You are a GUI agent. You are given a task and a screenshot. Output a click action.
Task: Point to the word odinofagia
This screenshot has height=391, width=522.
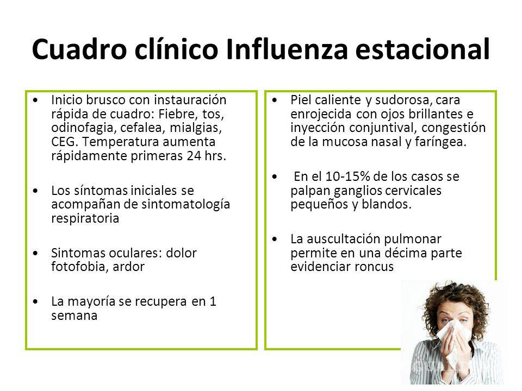(x=77, y=128)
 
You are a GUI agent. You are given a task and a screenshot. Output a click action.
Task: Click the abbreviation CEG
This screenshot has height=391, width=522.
(x=62, y=141)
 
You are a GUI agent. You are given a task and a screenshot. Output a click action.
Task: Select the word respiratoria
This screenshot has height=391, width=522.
(x=83, y=218)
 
